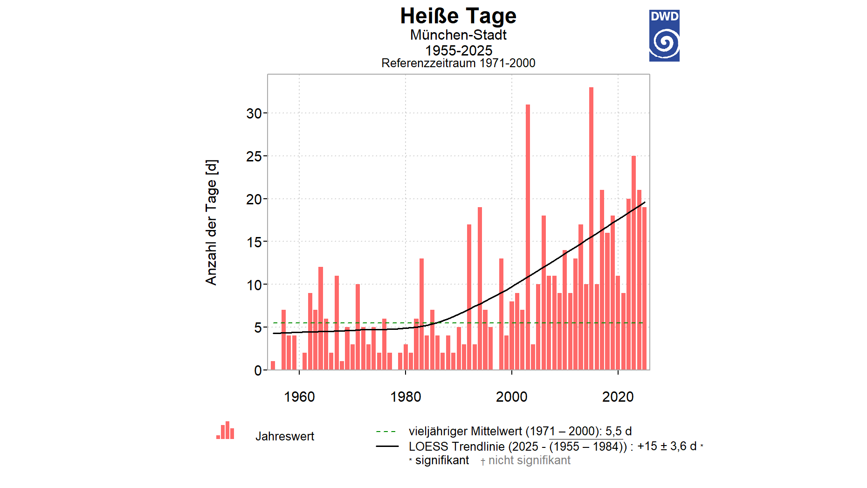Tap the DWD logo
point(664,36)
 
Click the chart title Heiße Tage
point(458,16)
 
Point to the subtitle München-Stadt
point(458,35)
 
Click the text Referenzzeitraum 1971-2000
point(458,63)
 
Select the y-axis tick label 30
point(254,113)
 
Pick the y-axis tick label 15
point(254,242)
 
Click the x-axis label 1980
point(406,397)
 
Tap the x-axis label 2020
point(618,397)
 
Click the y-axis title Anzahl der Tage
point(211,223)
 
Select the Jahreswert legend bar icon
point(226,431)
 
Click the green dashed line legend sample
point(386,432)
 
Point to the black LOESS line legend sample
point(387,446)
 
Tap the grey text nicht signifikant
point(529,460)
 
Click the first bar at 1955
point(273,365)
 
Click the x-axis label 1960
point(299,397)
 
